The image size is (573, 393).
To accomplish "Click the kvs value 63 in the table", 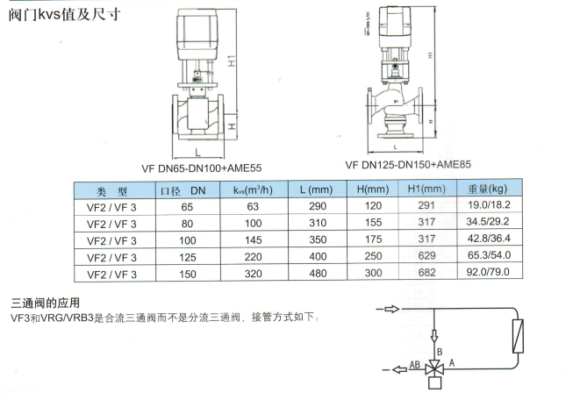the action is click(253, 207).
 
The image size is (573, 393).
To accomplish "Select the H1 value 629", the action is click(426, 255).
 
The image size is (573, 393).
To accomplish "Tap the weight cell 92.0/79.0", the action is click(488, 272).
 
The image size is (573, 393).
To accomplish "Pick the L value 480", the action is click(318, 273).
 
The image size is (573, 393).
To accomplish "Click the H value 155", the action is click(373, 223).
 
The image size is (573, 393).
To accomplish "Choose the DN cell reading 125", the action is click(188, 258).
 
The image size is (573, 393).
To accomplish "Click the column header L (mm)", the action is click(317, 189).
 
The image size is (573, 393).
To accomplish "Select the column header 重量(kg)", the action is click(488, 189).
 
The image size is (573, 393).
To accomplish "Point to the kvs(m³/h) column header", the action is click(253, 190).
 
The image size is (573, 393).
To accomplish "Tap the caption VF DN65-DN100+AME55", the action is click(202, 168).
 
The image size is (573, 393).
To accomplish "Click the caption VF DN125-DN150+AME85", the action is click(408, 165).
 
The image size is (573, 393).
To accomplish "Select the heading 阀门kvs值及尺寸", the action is click(64, 15).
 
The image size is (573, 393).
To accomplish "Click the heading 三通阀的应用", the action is click(46, 303).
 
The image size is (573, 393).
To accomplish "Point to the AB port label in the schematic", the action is click(414, 365).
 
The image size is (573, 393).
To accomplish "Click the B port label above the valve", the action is click(440, 352).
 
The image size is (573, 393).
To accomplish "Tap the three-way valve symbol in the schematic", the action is click(434, 369).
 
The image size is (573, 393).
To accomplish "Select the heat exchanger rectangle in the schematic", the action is click(518, 336).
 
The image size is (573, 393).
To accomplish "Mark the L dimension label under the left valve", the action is click(197, 152).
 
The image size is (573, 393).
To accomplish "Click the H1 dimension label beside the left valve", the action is click(232, 61).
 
